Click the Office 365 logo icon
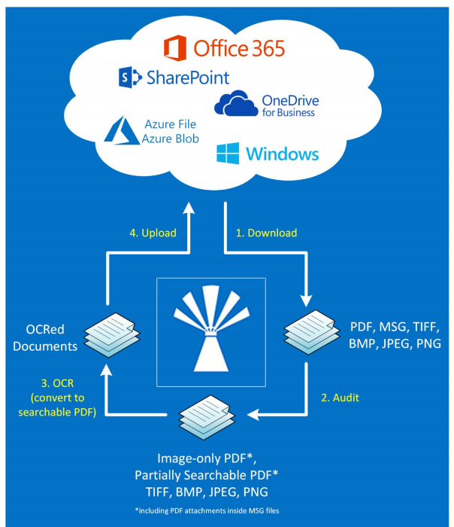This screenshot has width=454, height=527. coord(174,48)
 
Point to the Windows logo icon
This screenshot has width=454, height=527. coord(228,154)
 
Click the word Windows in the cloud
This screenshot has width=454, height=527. coord(282,154)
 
